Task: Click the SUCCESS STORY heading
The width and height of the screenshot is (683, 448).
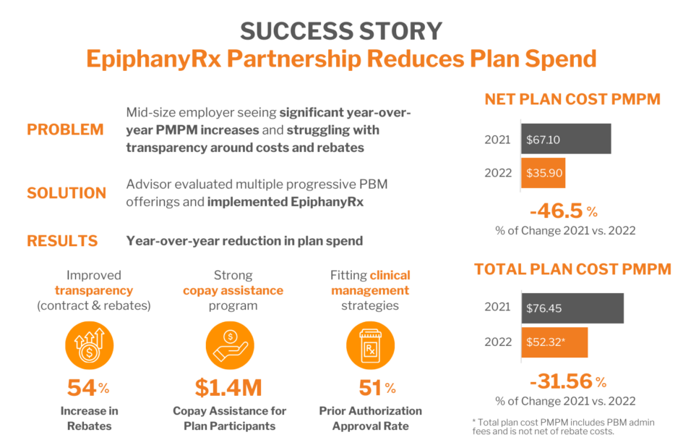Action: pos(341,31)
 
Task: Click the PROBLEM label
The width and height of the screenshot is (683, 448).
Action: pos(65,130)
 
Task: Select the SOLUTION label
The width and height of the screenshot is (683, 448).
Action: pos(66,193)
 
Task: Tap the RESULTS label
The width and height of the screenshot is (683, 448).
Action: pos(62,241)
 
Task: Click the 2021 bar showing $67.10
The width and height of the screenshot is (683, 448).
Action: pos(566,138)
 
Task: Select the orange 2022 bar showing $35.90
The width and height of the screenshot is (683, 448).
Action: pos(543,173)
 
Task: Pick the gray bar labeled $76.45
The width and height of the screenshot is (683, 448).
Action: pos(572,308)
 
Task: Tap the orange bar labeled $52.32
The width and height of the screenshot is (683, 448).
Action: pos(554,342)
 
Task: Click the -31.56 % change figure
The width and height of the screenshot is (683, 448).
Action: pos(567,381)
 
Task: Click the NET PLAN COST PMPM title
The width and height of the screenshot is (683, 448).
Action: pos(572,100)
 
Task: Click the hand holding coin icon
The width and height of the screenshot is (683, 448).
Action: pos(229,344)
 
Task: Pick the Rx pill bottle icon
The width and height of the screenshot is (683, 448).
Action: pos(370,344)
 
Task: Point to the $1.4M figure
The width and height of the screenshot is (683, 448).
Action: pos(228,388)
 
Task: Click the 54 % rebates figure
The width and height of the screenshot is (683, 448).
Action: pos(88,388)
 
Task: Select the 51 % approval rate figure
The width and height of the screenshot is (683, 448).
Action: pos(377,388)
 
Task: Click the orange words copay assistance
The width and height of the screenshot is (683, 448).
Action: pos(233,291)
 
